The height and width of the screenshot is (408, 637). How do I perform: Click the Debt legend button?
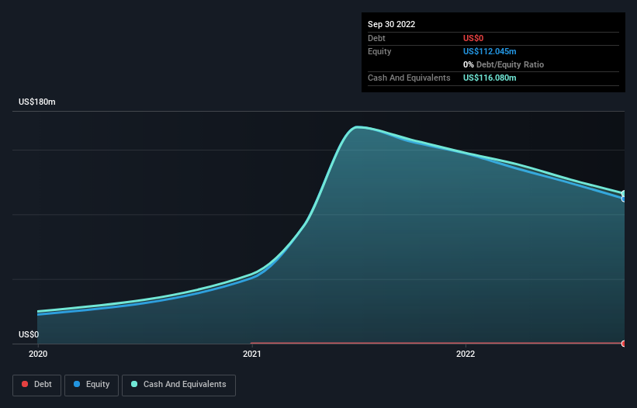(x=36, y=385)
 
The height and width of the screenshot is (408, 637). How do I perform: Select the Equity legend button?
(x=91, y=385)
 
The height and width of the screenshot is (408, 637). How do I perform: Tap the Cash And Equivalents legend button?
(x=178, y=385)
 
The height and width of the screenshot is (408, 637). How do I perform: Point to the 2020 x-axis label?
(x=37, y=354)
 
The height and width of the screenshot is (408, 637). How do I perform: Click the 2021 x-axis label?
(x=251, y=354)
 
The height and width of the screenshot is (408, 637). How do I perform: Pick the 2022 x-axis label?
(x=466, y=354)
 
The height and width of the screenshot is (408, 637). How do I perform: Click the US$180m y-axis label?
(x=37, y=102)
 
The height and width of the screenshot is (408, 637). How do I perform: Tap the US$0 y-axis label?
(x=29, y=335)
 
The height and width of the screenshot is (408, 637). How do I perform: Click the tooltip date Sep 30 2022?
(x=391, y=24)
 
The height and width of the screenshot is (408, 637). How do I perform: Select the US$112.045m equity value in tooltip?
(x=489, y=51)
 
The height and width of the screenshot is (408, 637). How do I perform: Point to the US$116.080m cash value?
(x=489, y=78)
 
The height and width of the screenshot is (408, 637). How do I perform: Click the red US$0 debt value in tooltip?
(x=473, y=38)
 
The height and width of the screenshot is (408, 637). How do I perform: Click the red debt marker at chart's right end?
(x=624, y=343)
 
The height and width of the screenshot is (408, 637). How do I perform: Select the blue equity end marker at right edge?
(x=624, y=199)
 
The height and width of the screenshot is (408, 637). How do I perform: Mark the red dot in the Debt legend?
(x=26, y=385)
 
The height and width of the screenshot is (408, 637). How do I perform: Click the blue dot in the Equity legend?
(x=78, y=385)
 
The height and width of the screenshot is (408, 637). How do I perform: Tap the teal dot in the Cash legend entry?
(x=135, y=385)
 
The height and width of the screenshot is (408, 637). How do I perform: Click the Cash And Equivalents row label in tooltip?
(x=409, y=78)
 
